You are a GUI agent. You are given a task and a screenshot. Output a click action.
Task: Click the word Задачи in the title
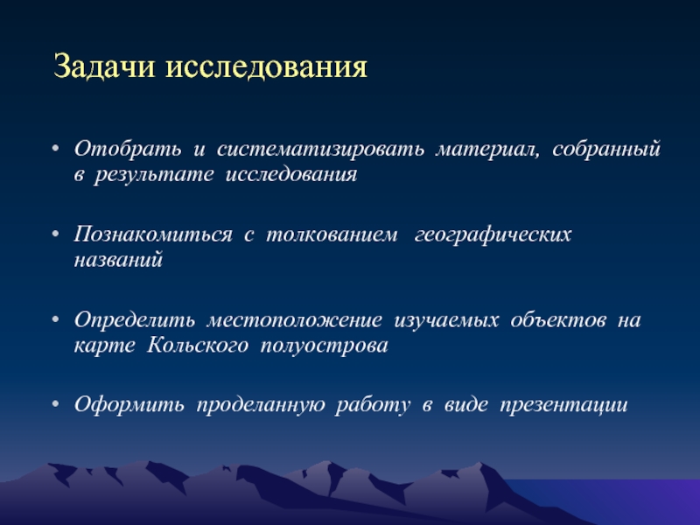pyautogui.click(x=104, y=66)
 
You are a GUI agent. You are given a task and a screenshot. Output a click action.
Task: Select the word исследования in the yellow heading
pyautogui.click(x=266, y=67)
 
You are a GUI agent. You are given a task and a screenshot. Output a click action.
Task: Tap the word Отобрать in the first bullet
pyautogui.click(x=128, y=149)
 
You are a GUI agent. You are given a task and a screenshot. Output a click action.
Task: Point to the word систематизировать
pyautogui.click(x=320, y=150)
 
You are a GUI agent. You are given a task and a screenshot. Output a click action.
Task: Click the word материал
pyautogui.click(x=487, y=150)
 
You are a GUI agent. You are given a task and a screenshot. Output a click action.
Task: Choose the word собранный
pyautogui.click(x=606, y=150)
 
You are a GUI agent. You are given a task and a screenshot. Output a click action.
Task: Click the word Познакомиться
pyautogui.click(x=153, y=234)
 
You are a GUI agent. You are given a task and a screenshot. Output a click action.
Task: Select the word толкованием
pyautogui.click(x=332, y=234)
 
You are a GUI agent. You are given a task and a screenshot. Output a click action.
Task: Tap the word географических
pyautogui.click(x=493, y=234)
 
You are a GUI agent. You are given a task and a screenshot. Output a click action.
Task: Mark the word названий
pyautogui.click(x=118, y=260)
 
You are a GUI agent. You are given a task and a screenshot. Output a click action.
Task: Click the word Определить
pyautogui.click(x=135, y=320)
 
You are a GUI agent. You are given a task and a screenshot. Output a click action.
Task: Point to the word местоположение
pyautogui.click(x=295, y=320)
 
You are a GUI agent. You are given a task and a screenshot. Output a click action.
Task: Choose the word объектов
pyautogui.click(x=558, y=319)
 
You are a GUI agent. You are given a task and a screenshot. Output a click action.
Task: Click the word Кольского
pyautogui.click(x=198, y=345)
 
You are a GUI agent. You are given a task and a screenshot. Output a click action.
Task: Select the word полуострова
pyautogui.click(x=324, y=346)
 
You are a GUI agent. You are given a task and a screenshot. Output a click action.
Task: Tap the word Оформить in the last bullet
pyautogui.click(x=129, y=404)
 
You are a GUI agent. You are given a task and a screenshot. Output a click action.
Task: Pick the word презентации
pyautogui.click(x=563, y=405)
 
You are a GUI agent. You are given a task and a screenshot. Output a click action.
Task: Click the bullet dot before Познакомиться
pyautogui.click(x=55, y=234)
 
